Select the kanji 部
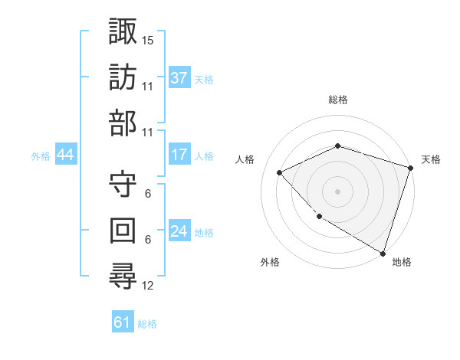click(x=122, y=123)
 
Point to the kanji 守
click(x=122, y=184)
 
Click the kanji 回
click(x=122, y=230)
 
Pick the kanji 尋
click(x=122, y=276)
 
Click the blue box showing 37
click(x=179, y=77)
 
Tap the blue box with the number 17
click(x=179, y=155)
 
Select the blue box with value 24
click(x=179, y=232)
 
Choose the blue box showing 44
click(x=66, y=155)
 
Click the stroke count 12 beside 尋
click(x=148, y=286)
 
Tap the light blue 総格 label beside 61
click(x=147, y=323)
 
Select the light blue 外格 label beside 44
click(x=41, y=155)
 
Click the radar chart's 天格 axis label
click(x=431, y=159)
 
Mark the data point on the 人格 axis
click(x=281, y=172)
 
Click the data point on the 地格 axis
click(x=383, y=252)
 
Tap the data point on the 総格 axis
click(x=337, y=146)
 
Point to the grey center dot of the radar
click(x=337, y=191)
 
